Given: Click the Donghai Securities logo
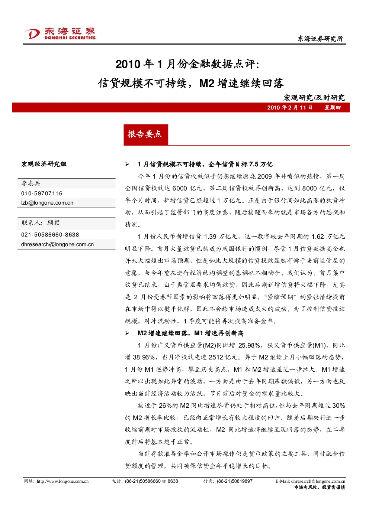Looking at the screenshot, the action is pyautogui.click(x=60, y=33).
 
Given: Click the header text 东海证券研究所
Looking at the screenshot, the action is pyautogui.click(x=320, y=39).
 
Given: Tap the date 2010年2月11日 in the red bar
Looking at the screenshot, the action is pyautogui.click(x=289, y=107).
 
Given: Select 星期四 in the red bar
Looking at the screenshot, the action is pyautogui.click(x=333, y=107).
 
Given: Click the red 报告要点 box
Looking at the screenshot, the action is pyautogui.click(x=146, y=135).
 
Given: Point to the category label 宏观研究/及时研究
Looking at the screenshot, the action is pyautogui.click(x=314, y=98).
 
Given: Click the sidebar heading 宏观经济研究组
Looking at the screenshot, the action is pyautogui.click(x=44, y=164).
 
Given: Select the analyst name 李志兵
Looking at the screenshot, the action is pyautogui.click(x=31, y=183).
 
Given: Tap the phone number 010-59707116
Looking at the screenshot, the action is pyautogui.click(x=42, y=193).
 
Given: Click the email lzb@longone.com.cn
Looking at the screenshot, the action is pyautogui.click(x=47, y=203).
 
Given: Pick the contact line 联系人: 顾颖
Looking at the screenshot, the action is pyautogui.click(x=41, y=222).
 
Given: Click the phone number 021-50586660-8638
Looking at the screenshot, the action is pyautogui.click(x=50, y=235).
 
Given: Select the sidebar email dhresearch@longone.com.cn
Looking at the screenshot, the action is pyautogui.click(x=57, y=244).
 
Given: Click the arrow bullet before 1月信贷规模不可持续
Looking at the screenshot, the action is pyautogui.click(x=127, y=165).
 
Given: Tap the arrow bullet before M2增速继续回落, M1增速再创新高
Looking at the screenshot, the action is pyautogui.click(x=127, y=333).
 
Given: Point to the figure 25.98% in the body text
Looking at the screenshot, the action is pyautogui.click(x=249, y=345).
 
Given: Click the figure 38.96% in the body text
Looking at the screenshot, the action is pyautogui.click(x=144, y=357).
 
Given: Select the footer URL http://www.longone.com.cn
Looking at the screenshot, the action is pyautogui.click(x=62, y=481).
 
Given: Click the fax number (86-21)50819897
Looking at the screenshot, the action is pyautogui.click(x=235, y=481).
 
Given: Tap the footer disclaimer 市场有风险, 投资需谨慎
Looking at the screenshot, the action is pyautogui.click(x=320, y=487).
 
